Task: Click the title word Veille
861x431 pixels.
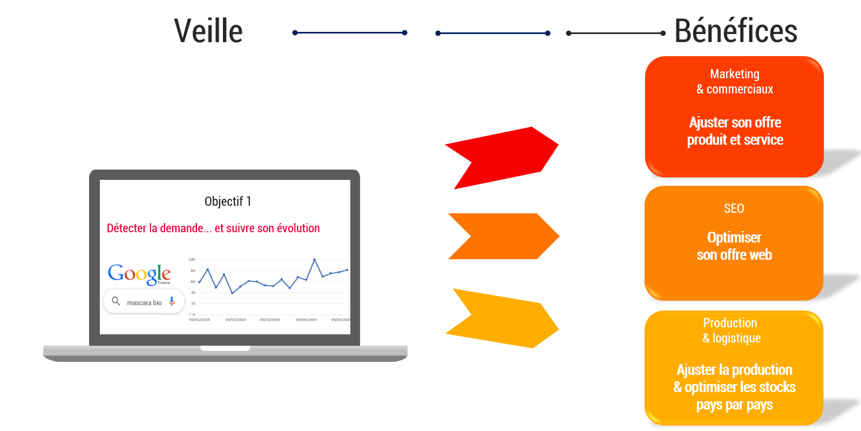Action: (x=208, y=31)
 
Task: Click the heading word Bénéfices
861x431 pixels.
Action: (x=736, y=31)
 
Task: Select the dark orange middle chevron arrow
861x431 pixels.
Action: (x=503, y=236)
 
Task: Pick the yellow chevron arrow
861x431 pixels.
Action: (x=502, y=319)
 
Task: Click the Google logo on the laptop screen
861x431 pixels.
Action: (x=139, y=274)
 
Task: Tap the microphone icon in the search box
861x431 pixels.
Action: (x=172, y=301)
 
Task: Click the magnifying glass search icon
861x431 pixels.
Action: (x=116, y=301)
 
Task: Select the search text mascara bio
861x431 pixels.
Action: (x=144, y=303)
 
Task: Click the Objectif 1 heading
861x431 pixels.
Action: (x=228, y=201)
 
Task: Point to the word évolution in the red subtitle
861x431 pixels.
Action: (x=298, y=228)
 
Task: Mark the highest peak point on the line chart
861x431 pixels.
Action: (x=314, y=260)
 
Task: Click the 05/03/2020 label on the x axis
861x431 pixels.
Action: (x=270, y=320)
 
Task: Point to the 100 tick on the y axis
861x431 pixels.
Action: (x=192, y=260)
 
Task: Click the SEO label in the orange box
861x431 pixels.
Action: (x=734, y=208)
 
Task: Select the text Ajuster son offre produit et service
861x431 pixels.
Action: (x=735, y=131)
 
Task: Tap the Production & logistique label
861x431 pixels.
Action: (x=731, y=331)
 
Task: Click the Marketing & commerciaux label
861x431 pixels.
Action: (x=735, y=82)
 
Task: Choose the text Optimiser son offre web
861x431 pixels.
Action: (x=734, y=246)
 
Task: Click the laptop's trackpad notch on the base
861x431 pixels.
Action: (x=225, y=348)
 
